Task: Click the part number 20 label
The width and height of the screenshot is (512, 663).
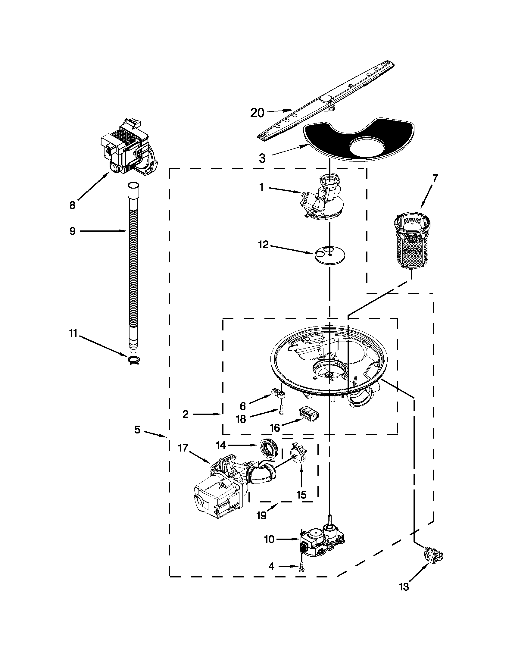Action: pyautogui.click(x=257, y=113)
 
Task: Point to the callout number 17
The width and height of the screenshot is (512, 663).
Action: pyautogui.click(x=183, y=448)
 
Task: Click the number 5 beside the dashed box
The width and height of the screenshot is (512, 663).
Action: pyautogui.click(x=137, y=430)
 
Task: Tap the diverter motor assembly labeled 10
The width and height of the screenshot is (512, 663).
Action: pyautogui.click(x=322, y=543)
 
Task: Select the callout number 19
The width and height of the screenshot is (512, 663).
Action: pyautogui.click(x=261, y=515)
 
